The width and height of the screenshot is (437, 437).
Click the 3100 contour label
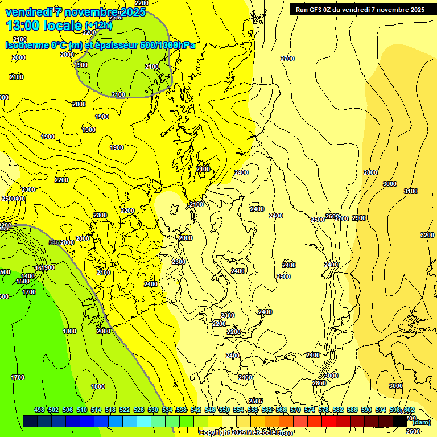[x=410, y=191]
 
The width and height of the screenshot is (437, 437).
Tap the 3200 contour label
[x=427, y=235]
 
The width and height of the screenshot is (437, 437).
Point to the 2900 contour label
[x=359, y=218]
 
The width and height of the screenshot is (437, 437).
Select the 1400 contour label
[x=28, y=276]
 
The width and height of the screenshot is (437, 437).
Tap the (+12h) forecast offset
[x=98, y=25]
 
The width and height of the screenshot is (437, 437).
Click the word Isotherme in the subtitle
[x=26, y=45]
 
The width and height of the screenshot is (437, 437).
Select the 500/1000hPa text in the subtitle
[x=168, y=45]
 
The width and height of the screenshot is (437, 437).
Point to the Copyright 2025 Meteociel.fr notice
[x=241, y=433]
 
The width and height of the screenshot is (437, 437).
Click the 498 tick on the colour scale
[x=39, y=410]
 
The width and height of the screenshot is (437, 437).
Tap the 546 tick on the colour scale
[x=210, y=410]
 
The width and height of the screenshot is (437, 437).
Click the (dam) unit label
[x=421, y=422]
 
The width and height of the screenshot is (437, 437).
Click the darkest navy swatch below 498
[x=31, y=421]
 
